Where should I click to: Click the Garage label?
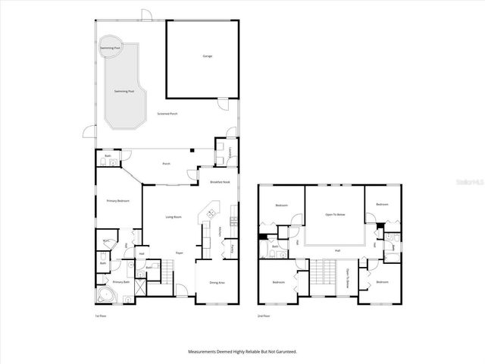206,57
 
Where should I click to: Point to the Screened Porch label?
167,114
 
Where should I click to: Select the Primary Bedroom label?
117,201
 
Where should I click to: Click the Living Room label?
174,217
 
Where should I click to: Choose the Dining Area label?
217,283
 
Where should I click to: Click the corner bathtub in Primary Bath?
105,294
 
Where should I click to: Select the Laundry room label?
229,152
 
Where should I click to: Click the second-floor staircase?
327,274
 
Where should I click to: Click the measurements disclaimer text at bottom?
242,352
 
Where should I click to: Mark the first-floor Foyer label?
180,253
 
